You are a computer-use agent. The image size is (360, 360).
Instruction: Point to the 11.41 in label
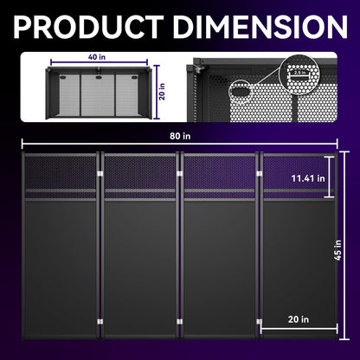(308, 178)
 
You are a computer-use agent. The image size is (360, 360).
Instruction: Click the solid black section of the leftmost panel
(61, 260)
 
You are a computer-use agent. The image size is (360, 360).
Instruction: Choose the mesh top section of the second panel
(139, 170)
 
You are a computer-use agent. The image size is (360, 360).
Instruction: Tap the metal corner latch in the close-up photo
(198, 70)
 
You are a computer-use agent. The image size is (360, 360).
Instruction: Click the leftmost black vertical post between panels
(100, 251)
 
